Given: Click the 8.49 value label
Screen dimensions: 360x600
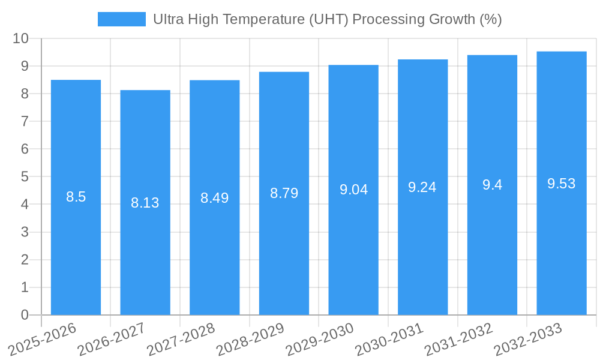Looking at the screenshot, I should click(x=215, y=198).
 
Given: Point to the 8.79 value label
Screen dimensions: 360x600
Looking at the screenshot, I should click(x=284, y=193).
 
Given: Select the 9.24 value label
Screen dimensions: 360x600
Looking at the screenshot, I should click(x=422, y=187).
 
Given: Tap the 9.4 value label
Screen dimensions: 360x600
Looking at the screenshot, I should click(x=492, y=185).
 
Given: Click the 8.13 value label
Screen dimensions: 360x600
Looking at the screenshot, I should click(x=145, y=203).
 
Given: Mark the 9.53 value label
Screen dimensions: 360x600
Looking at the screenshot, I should click(x=562, y=184).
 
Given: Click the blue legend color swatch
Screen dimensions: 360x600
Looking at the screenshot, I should click(x=122, y=20).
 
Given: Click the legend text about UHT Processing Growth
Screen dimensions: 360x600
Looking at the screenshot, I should click(x=327, y=20).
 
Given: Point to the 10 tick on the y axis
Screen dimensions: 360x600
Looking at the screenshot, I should click(x=21, y=38).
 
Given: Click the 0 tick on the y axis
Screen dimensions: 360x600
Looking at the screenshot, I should click(x=25, y=315).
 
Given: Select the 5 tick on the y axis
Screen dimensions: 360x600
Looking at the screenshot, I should click(x=25, y=177).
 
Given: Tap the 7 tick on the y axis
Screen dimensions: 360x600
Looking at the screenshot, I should click(x=25, y=122).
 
